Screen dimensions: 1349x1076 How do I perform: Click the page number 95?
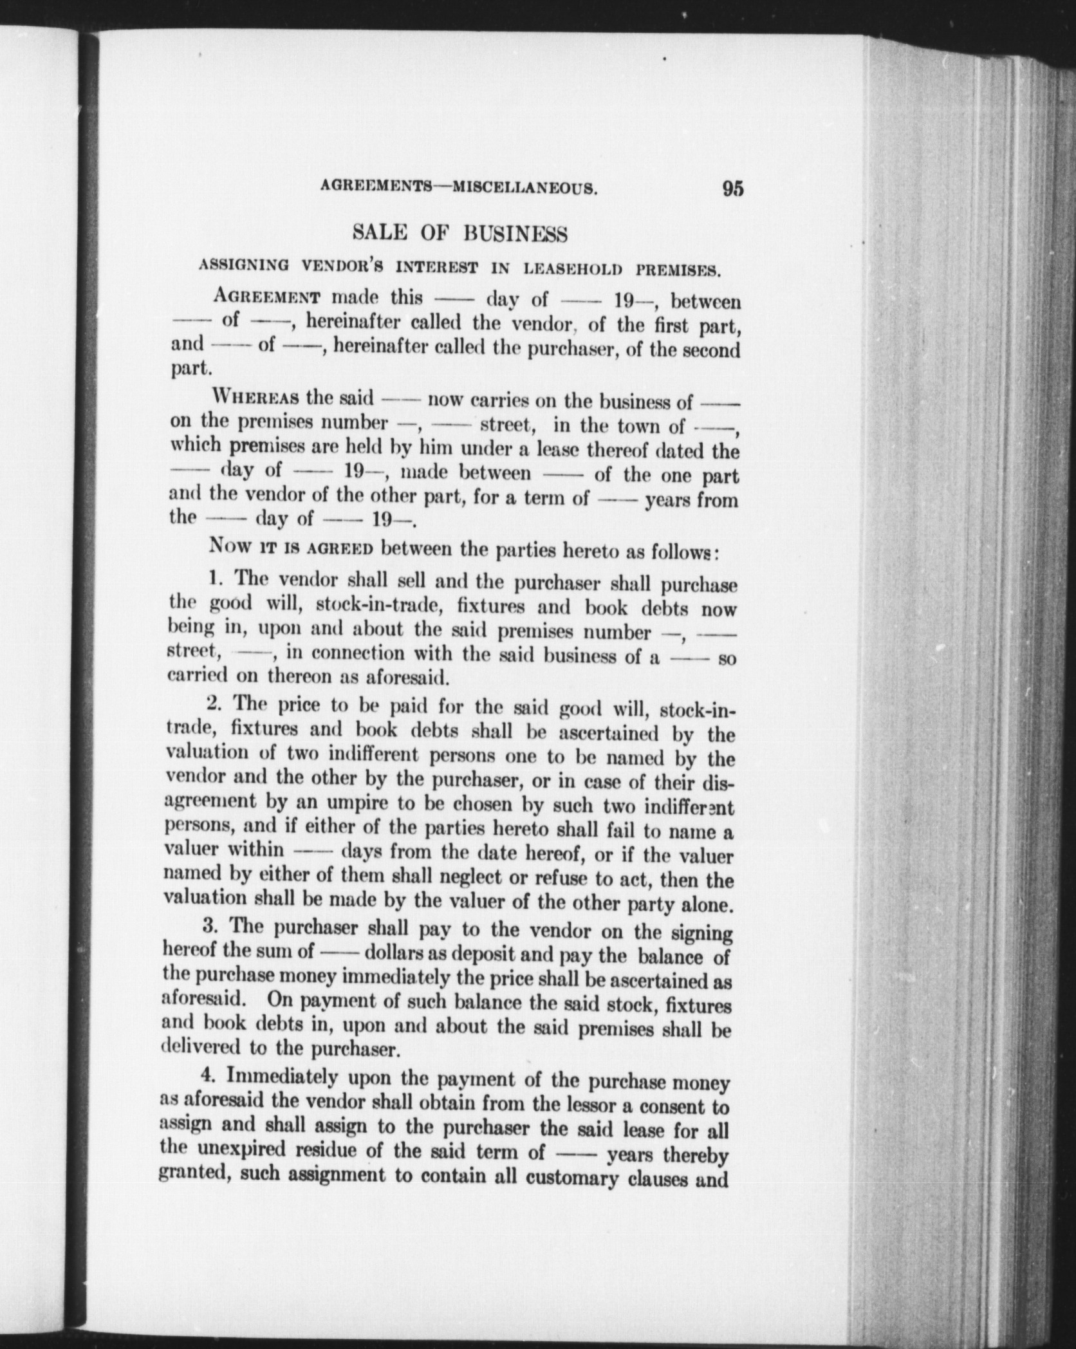(x=732, y=189)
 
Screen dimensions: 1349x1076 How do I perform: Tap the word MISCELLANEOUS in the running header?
(x=526, y=189)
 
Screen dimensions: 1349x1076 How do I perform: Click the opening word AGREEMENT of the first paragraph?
(x=270, y=297)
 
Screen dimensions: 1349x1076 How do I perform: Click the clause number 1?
(x=216, y=579)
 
